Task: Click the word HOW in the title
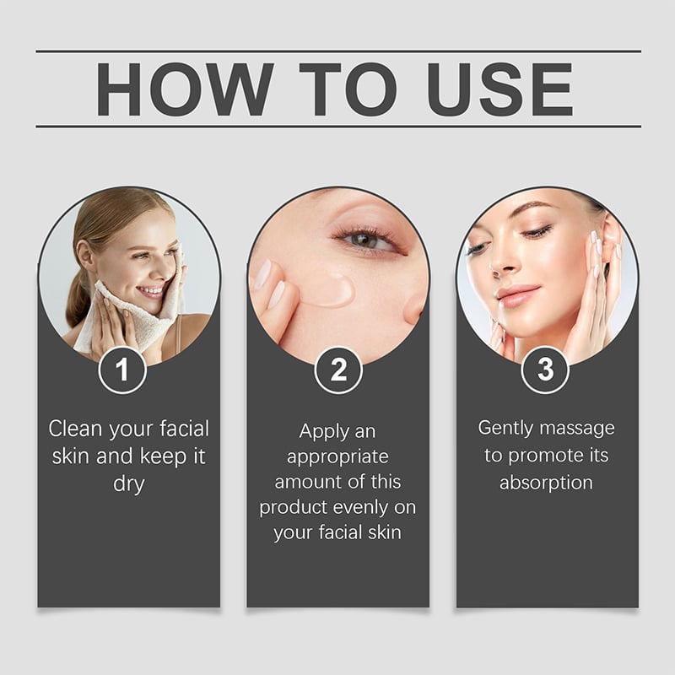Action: (x=185, y=89)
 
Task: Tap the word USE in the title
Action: (x=499, y=89)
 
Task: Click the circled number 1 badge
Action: (x=122, y=370)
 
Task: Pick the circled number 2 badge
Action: (x=338, y=370)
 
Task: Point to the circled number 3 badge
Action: (x=545, y=370)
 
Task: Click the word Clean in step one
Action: (x=75, y=429)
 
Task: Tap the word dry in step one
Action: (x=129, y=483)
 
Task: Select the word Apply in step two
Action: (x=319, y=432)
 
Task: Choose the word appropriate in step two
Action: (x=337, y=457)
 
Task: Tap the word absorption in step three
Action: (x=546, y=483)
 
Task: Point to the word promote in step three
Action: (x=545, y=456)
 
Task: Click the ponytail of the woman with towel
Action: (x=78, y=297)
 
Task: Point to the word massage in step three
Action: (x=577, y=429)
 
